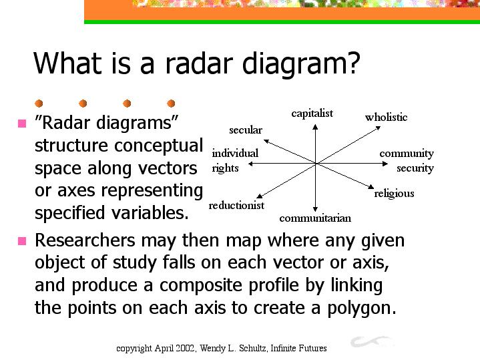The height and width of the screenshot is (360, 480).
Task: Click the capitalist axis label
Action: pyautogui.click(x=312, y=114)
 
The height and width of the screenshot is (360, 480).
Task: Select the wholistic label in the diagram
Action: pyautogui.click(x=386, y=117)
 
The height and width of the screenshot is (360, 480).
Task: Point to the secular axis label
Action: pyautogui.click(x=246, y=130)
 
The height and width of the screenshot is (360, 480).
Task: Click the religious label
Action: pyautogui.click(x=394, y=194)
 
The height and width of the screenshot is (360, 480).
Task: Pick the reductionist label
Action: pyautogui.click(x=236, y=205)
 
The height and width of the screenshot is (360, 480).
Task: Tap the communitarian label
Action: pyautogui.click(x=315, y=218)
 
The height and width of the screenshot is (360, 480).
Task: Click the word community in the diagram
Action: pyautogui.click(x=407, y=154)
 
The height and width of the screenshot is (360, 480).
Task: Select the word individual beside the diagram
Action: pyautogui.click(x=235, y=153)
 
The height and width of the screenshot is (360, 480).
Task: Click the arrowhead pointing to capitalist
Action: pyautogui.click(x=315, y=126)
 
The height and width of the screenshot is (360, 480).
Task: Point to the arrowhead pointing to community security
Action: pyautogui.click(x=385, y=164)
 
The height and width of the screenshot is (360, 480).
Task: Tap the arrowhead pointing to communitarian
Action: pyautogui.click(x=315, y=209)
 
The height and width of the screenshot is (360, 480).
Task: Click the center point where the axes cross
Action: pyautogui.click(x=316, y=164)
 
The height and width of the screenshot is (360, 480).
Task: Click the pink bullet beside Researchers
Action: pyautogui.click(x=22, y=241)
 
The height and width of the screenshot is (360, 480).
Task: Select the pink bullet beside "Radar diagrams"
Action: pyautogui.click(x=22, y=124)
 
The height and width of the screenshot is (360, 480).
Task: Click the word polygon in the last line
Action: pyautogui.click(x=362, y=308)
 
